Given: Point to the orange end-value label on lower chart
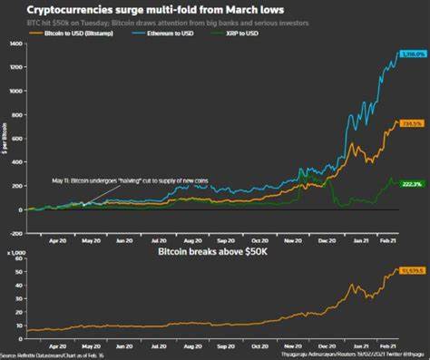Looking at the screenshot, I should coord(410,270).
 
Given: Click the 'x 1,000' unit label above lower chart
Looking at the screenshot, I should coord(15,257).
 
